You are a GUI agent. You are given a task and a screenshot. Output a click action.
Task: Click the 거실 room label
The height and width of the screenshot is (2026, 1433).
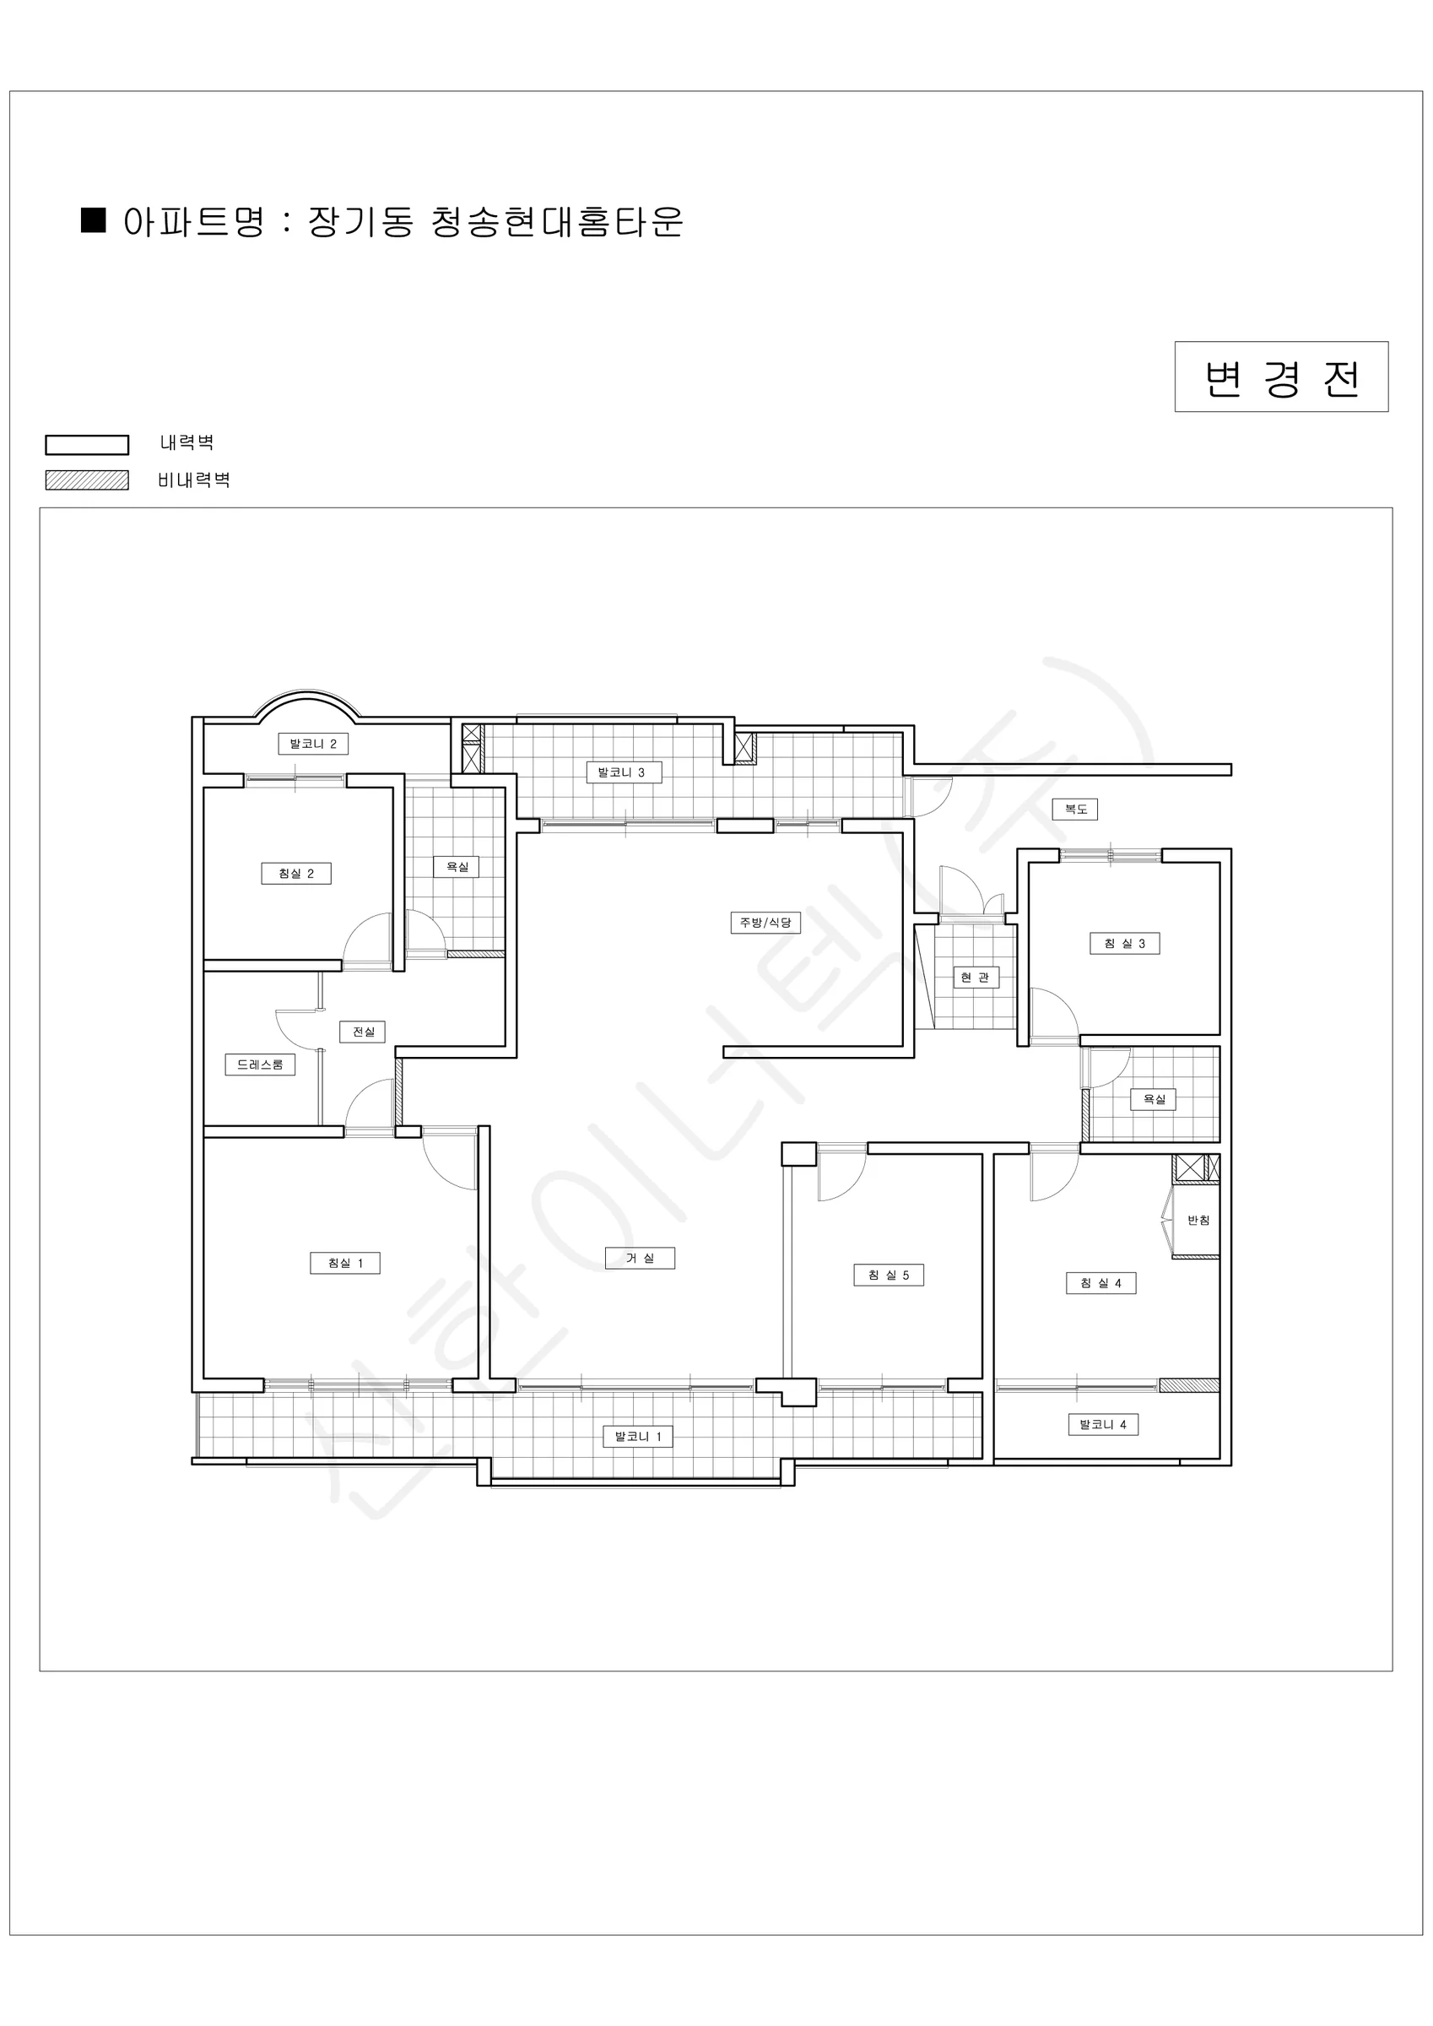640,1259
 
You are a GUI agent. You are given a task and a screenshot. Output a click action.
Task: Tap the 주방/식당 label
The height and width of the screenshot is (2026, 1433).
765,922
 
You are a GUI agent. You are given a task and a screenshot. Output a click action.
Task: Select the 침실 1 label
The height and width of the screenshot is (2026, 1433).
345,1263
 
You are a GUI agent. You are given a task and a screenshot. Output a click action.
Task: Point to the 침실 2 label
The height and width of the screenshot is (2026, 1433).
296,874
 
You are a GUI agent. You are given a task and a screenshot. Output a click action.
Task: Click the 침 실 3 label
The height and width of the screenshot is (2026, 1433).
1125,943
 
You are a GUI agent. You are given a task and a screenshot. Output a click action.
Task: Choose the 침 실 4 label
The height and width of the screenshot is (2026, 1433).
1101,1283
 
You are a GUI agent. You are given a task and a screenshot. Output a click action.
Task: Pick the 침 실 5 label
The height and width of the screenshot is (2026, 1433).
889,1275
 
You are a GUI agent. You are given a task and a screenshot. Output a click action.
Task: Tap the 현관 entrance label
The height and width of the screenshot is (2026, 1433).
975,977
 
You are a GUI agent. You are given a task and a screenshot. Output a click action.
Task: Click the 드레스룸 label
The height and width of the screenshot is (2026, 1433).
260,1064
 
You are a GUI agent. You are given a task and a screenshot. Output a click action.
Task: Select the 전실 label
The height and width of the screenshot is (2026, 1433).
363,1032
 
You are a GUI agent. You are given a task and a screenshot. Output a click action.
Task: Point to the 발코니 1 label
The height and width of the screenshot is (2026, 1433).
638,1437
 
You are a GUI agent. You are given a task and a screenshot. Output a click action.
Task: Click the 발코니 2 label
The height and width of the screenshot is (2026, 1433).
313,744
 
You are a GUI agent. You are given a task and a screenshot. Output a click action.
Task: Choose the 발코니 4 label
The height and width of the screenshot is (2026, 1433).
1103,1424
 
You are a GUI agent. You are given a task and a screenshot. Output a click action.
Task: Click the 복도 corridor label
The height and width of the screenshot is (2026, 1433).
1076,810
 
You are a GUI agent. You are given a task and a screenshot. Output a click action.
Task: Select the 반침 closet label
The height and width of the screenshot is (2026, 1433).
1198,1221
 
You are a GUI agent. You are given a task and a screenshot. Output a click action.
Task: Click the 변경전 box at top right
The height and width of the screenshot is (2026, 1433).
1281,376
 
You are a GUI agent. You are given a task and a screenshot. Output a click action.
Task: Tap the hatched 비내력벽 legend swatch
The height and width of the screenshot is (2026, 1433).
88,480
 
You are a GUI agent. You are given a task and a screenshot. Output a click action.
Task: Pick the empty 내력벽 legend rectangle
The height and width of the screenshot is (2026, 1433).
88,445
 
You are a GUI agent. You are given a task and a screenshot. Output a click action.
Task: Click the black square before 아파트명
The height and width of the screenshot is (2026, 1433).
94,220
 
